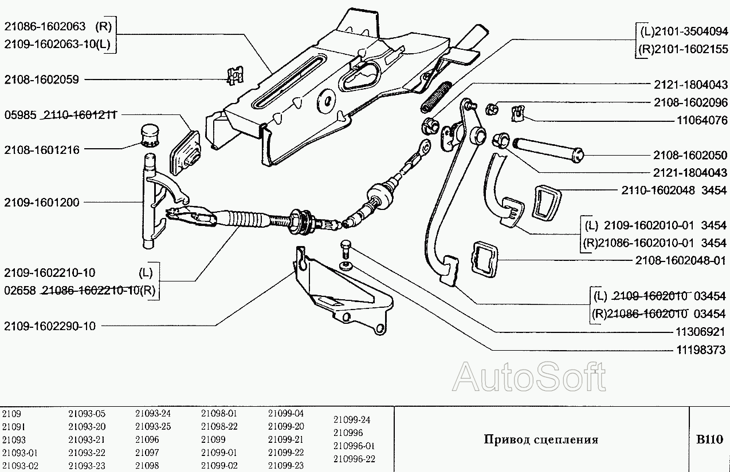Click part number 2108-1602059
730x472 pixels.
(x=41, y=80)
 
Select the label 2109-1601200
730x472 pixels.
(x=41, y=202)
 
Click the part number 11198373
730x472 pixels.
(x=701, y=349)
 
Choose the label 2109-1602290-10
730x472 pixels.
(x=50, y=326)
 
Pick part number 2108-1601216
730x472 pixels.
(x=41, y=150)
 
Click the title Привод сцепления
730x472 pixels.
(x=541, y=439)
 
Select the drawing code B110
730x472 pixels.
(x=710, y=439)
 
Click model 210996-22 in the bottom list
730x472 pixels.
(x=354, y=459)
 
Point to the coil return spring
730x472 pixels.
(x=437, y=97)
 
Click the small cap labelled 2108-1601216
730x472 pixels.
(x=150, y=134)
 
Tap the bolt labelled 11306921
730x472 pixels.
(x=345, y=248)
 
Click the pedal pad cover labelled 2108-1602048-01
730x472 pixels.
(x=484, y=259)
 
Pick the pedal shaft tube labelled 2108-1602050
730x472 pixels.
(x=547, y=148)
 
